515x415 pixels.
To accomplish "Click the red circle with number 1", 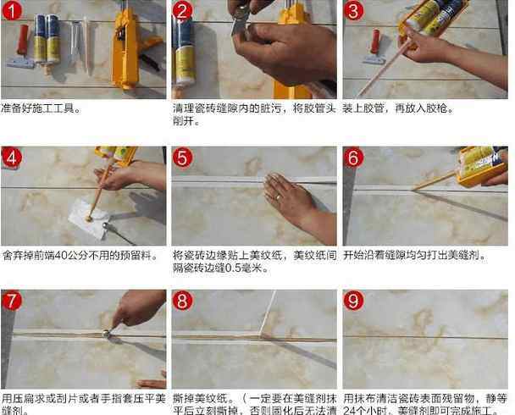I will tap(12, 11).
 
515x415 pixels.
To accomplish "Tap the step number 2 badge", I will tap(183, 11).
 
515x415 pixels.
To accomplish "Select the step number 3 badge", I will tap(354, 11).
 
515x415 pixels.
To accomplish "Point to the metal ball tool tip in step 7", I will tap(108, 333).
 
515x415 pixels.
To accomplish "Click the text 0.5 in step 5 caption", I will tap(233, 268).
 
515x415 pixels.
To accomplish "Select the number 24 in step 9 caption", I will tap(351, 410).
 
